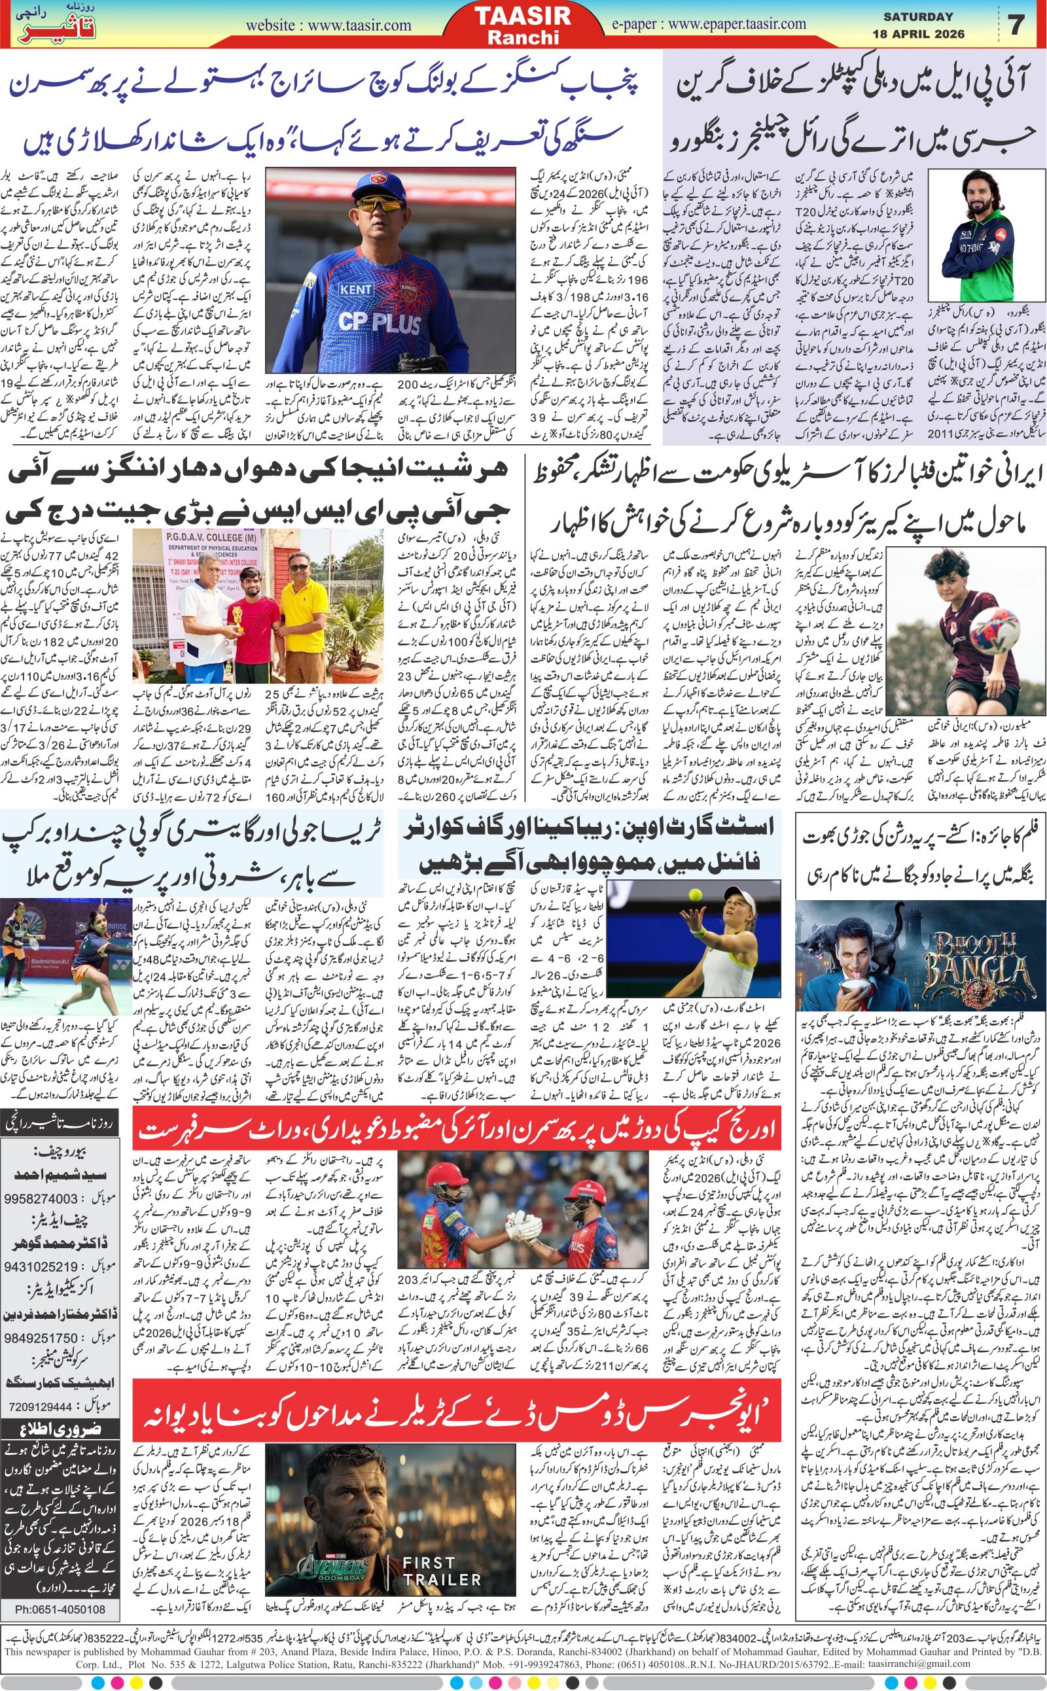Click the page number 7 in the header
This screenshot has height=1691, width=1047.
1016,25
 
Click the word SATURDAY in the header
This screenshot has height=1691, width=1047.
919,16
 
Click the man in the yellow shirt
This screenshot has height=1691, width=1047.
302,602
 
